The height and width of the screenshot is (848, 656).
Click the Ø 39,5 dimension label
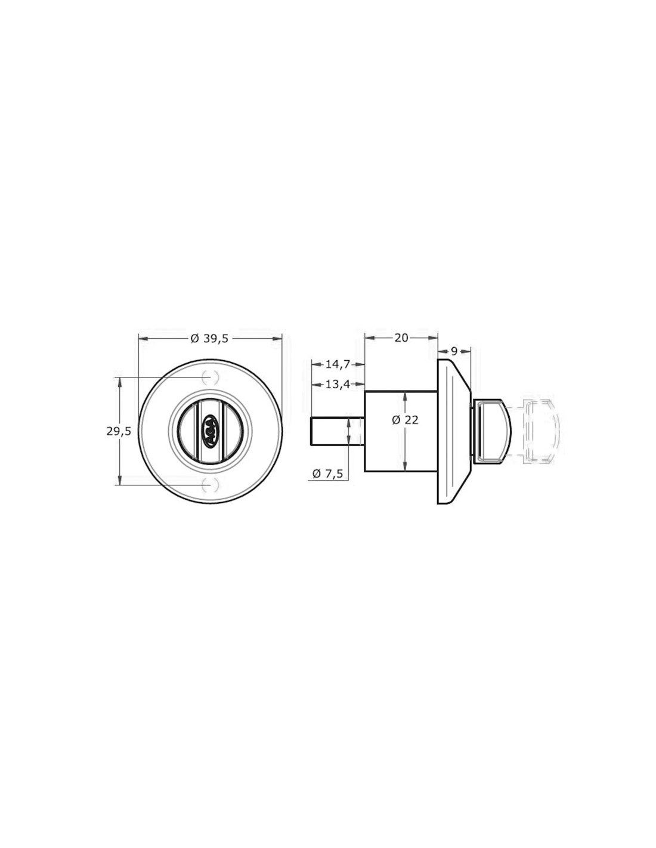coord(209,338)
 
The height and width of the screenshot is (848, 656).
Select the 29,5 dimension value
coord(119,431)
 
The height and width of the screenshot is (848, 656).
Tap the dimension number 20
coord(401,338)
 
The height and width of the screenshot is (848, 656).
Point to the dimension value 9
coord(454,351)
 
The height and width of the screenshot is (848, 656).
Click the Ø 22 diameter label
coord(406,420)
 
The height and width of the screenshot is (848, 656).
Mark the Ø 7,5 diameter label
coord(328,473)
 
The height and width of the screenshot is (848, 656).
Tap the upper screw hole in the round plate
coord(211,377)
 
